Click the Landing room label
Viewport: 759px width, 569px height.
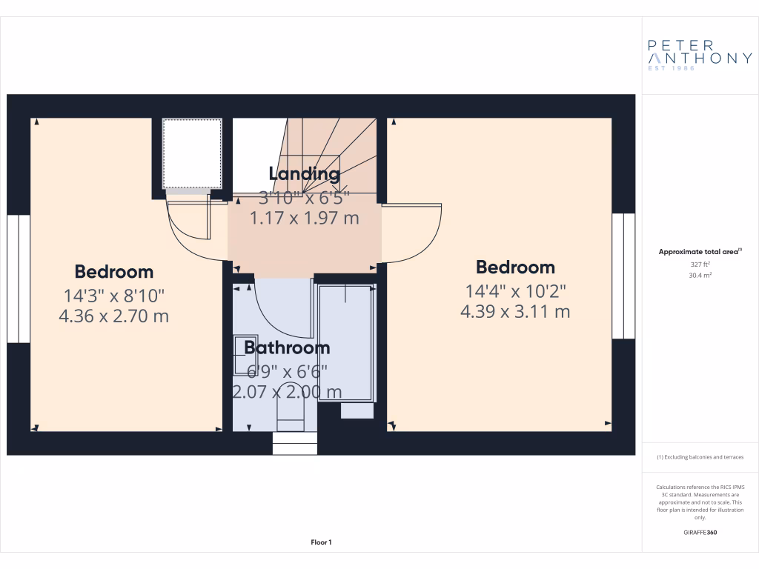pos(304,174)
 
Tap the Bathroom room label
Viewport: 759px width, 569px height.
pos(287,347)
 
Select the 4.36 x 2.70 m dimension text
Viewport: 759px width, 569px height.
pos(114,316)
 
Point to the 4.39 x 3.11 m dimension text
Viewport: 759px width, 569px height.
pos(515,312)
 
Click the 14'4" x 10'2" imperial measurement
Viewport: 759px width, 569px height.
pos(515,291)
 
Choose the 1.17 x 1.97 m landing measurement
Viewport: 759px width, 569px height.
pos(304,218)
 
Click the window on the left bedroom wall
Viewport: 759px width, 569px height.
pos(18,279)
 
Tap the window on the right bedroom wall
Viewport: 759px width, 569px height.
pos(623,276)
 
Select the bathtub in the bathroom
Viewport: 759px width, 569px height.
pos(345,342)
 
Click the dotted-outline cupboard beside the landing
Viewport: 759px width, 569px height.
pos(192,153)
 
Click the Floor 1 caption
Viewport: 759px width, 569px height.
pos(321,543)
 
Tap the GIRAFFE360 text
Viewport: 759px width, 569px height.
pos(700,533)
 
